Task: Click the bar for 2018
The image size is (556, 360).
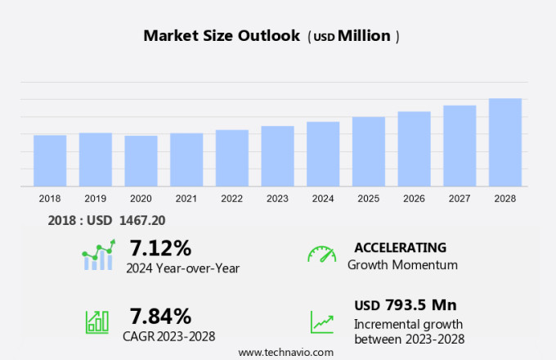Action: tap(50, 160)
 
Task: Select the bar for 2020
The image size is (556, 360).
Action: tap(141, 160)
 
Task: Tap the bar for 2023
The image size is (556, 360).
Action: tap(277, 156)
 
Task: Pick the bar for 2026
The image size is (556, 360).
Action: tap(414, 149)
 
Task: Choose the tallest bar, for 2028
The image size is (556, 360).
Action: tap(505, 142)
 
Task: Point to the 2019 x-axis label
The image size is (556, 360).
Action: tap(95, 198)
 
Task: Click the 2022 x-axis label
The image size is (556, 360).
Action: tap(231, 198)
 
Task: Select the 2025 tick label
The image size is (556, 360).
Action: tap(368, 198)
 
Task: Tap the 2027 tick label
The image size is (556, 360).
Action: tap(460, 198)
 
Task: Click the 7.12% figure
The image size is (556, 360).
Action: tap(160, 247)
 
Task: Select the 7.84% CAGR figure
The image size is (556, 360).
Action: tap(160, 316)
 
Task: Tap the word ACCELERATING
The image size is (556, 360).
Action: tap(400, 247)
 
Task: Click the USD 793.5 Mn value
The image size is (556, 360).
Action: tap(405, 305)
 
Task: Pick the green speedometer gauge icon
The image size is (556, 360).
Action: tap(321, 254)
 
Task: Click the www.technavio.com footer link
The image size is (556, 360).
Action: tap(285, 352)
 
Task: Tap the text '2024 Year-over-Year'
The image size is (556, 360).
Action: tap(182, 267)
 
